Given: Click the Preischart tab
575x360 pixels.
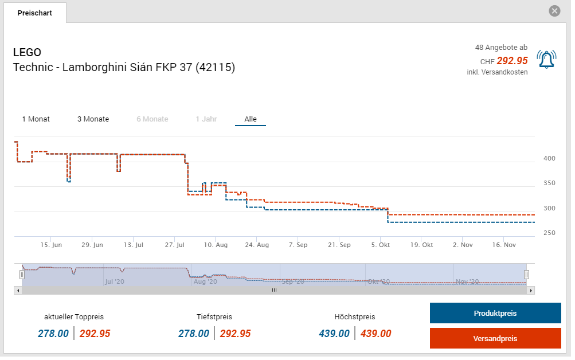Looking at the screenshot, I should pyautogui.click(x=34, y=13).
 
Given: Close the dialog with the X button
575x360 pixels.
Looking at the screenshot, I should pyautogui.click(x=554, y=11).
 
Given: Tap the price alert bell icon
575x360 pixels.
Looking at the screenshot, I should pyautogui.click(x=546, y=59).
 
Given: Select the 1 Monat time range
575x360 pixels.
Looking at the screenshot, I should pyautogui.click(x=36, y=119).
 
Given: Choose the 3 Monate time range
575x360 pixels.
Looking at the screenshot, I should pyautogui.click(x=93, y=119).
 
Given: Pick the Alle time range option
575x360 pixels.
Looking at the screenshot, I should pyautogui.click(x=251, y=119).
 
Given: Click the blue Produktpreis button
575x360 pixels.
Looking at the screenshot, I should pyautogui.click(x=495, y=314).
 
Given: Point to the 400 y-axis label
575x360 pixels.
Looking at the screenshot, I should pyautogui.click(x=549, y=158).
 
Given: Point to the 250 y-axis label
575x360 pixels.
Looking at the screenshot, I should pyautogui.click(x=549, y=233).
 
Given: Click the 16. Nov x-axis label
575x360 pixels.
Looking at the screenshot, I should pyautogui.click(x=504, y=245).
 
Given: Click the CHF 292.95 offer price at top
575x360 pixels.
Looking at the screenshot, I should pyautogui.click(x=511, y=61).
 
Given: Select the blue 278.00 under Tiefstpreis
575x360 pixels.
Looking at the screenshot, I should pyautogui.click(x=194, y=334).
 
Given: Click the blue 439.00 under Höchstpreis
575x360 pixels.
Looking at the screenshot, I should pyautogui.click(x=334, y=334).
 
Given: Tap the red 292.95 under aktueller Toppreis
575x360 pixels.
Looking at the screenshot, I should pyautogui.click(x=95, y=334).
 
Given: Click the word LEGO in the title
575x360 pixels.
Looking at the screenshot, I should pyautogui.click(x=27, y=53).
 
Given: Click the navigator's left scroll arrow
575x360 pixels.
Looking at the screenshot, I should pyautogui.click(x=17, y=290).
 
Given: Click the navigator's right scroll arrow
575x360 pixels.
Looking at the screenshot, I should pyautogui.click(x=531, y=290).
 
